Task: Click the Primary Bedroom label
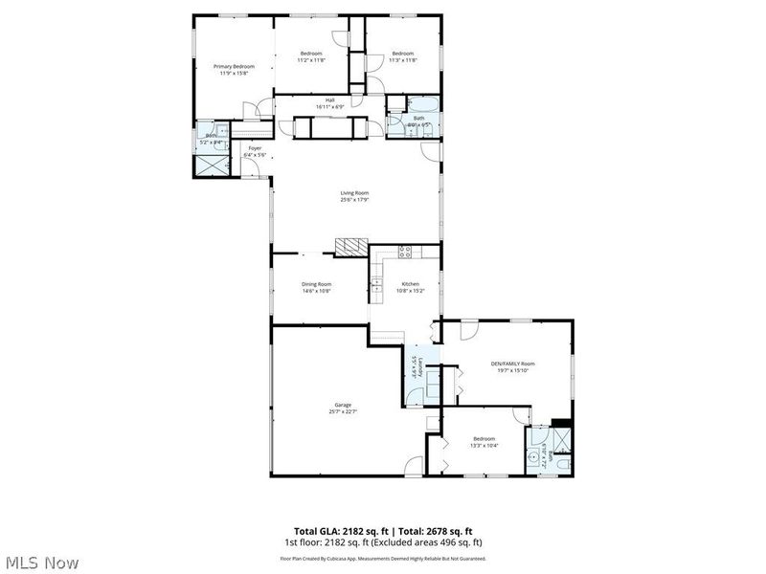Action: pyautogui.click(x=234, y=66)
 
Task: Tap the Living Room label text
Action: pyautogui.click(x=354, y=193)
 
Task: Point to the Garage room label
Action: pyautogui.click(x=342, y=405)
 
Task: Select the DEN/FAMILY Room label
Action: pyautogui.click(x=512, y=364)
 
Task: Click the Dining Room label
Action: pyautogui.click(x=316, y=284)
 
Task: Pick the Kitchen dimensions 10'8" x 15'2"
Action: pyautogui.click(x=411, y=291)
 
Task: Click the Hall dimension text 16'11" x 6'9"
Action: pyautogui.click(x=329, y=106)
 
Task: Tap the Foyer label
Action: pyautogui.click(x=255, y=148)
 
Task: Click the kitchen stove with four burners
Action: pyautogui.click(x=405, y=253)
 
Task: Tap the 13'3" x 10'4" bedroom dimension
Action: pyautogui.click(x=484, y=445)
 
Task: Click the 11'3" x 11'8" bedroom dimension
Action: pyautogui.click(x=402, y=59)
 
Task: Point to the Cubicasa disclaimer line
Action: pyautogui.click(x=382, y=558)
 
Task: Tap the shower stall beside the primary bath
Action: pyautogui.click(x=211, y=162)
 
